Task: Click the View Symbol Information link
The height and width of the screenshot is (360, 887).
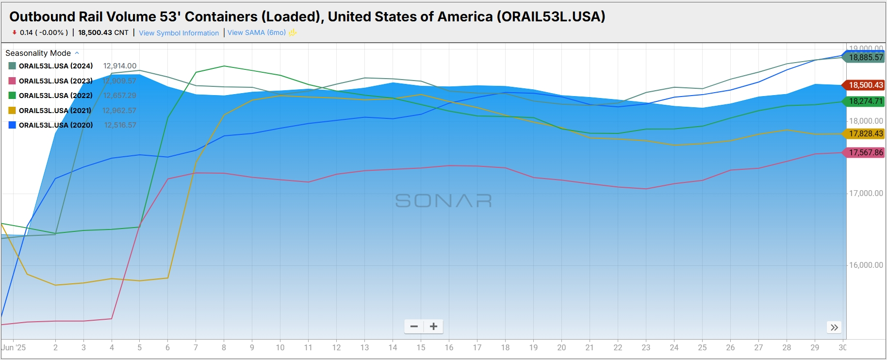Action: click(179, 33)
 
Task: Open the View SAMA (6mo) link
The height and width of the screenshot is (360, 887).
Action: click(256, 33)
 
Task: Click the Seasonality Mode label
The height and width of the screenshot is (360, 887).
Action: click(38, 53)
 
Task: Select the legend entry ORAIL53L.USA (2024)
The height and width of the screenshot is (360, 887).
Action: click(55, 66)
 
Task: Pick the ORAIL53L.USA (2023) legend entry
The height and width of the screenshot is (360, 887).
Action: click(55, 81)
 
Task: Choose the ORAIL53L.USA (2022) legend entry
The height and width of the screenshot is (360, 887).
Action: click(55, 96)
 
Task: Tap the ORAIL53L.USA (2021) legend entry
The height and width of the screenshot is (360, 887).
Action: click(55, 111)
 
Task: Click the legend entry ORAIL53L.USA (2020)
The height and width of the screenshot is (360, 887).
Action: click(55, 125)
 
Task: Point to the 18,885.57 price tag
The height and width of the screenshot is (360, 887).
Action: click(866, 58)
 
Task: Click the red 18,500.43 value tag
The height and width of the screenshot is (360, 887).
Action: click(866, 85)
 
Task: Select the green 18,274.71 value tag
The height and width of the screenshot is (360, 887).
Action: click(866, 101)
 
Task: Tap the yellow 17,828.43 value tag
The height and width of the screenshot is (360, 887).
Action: click(866, 134)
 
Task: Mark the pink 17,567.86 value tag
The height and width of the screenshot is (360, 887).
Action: click(866, 153)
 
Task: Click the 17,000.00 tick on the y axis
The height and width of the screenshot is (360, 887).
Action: click(866, 194)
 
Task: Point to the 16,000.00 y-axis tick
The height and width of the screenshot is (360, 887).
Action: click(866, 265)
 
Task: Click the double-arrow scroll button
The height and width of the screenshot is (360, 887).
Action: click(834, 327)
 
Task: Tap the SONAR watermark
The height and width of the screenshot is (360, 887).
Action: click(443, 200)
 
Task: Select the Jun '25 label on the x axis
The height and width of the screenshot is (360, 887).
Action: click(14, 347)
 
